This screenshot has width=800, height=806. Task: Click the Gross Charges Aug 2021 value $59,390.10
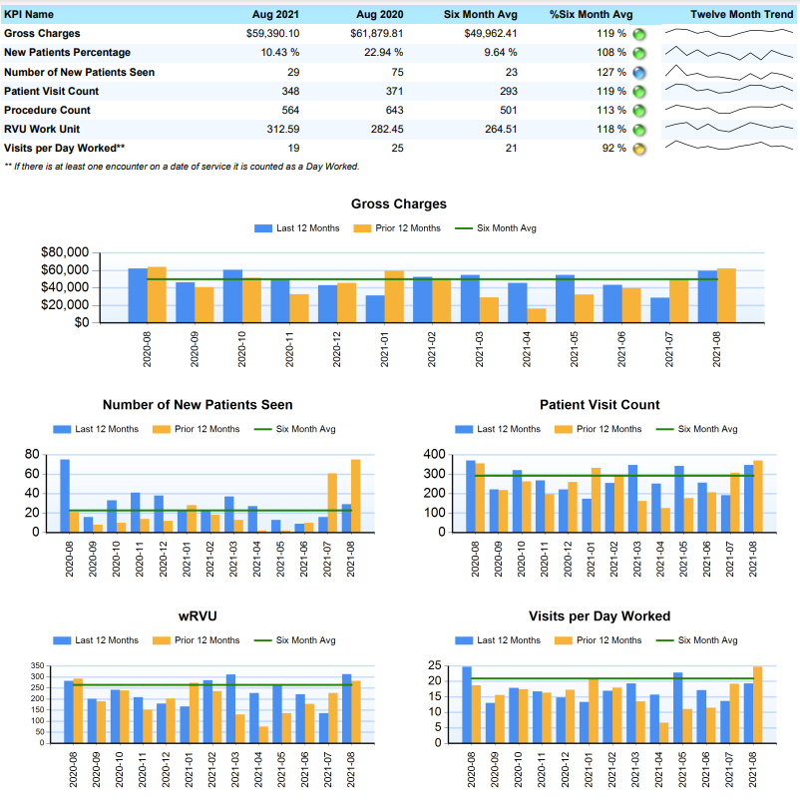click(271, 34)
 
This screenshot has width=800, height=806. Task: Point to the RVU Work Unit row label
click(42, 129)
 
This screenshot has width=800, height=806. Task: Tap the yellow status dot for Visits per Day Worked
click(639, 149)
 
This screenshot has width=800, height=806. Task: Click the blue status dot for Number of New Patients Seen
click(639, 73)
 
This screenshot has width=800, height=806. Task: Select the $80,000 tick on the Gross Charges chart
click(65, 252)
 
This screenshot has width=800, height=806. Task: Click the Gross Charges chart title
click(399, 204)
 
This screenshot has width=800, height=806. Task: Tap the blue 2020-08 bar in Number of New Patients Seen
click(65, 495)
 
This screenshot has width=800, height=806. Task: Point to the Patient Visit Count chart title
click(600, 405)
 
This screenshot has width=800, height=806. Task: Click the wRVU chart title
click(199, 616)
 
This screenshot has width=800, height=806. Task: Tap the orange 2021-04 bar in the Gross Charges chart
click(538, 315)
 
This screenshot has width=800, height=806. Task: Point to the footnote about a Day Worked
click(182, 167)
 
